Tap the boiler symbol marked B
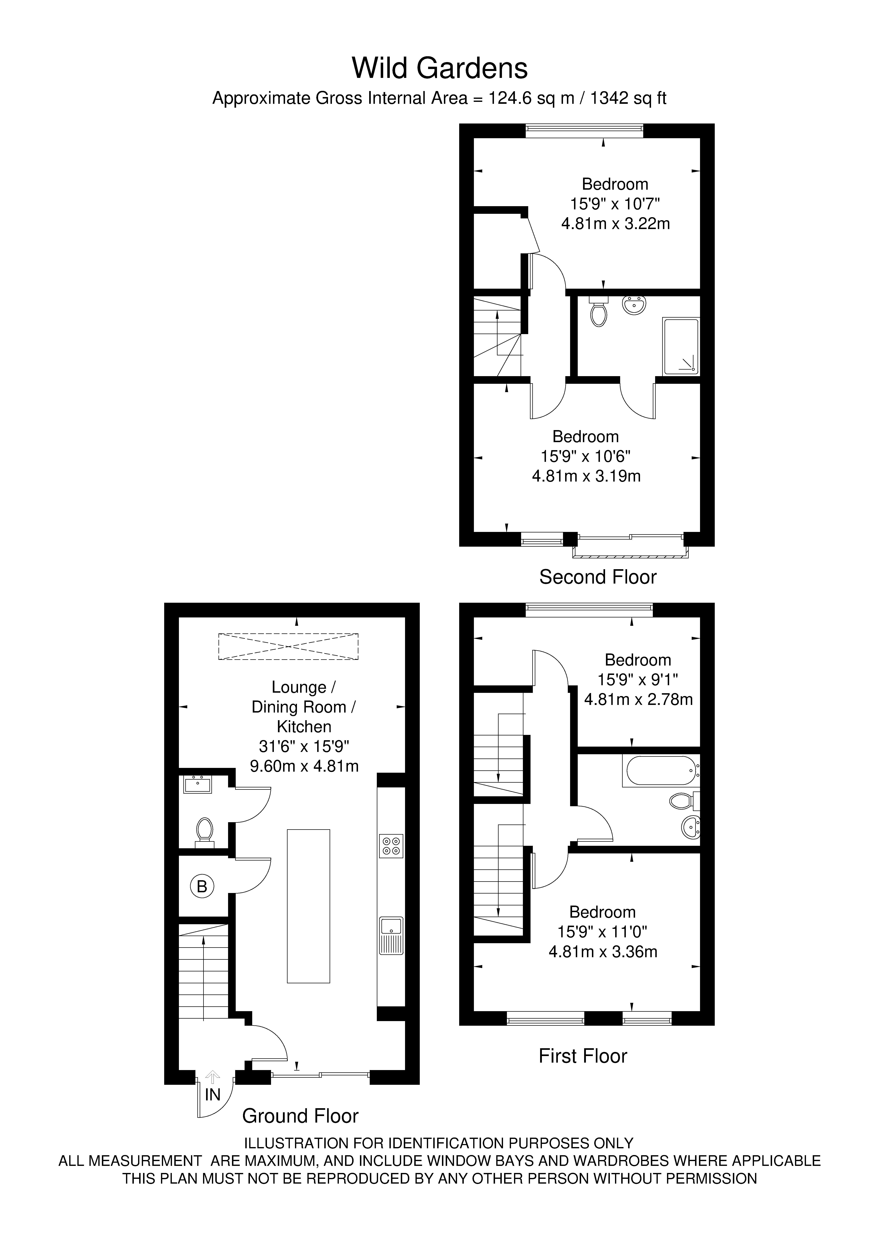(x=202, y=887)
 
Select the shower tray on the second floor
(x=680, y=347)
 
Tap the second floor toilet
(x=598, y=312)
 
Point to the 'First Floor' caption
(x=583, y=1056)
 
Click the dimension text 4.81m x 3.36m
(x=603, y=952)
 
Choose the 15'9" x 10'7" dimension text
(x=615, y=204)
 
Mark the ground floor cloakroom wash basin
(x=198, y=784)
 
